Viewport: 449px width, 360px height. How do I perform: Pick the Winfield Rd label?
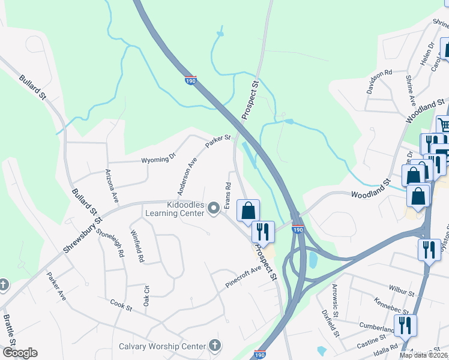(x=137, y=247)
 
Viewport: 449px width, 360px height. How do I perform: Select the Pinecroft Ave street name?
(x=244, y=277)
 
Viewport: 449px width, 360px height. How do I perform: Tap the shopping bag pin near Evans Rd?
(x=248, y=211)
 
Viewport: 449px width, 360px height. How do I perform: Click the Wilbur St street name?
(x=402, y=292)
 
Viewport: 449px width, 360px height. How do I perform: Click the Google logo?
(x=20, y=353)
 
